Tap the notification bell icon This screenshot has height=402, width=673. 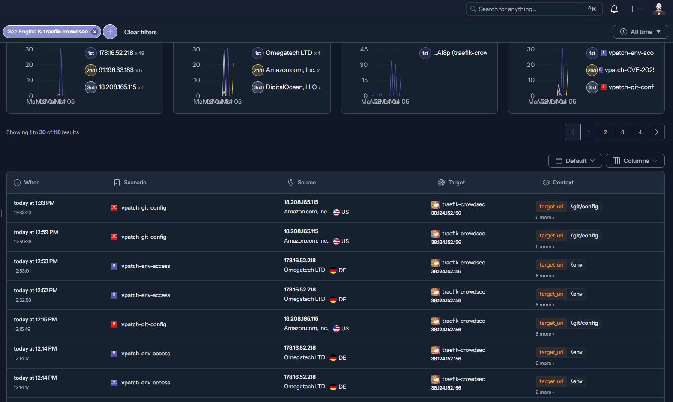614,9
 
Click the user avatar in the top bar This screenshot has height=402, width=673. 658,9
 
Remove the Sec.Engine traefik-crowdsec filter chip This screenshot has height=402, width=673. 95,32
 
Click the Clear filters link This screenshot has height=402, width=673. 140,32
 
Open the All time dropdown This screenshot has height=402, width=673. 640,32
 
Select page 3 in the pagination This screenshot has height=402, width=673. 622,132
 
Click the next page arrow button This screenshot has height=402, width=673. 656,132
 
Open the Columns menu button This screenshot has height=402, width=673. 635,161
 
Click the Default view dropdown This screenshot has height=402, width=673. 575,161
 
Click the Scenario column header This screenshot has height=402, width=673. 135,183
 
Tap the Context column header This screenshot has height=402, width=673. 562,183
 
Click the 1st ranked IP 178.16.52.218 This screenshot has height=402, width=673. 116,53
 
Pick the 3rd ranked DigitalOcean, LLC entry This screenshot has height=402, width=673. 291,87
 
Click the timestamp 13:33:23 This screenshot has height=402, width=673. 23,213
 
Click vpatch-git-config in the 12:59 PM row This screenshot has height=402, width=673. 144,237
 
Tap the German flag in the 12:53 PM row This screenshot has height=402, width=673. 333,270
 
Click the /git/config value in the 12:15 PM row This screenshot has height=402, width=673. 584,323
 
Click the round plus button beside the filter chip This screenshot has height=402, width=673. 110,32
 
